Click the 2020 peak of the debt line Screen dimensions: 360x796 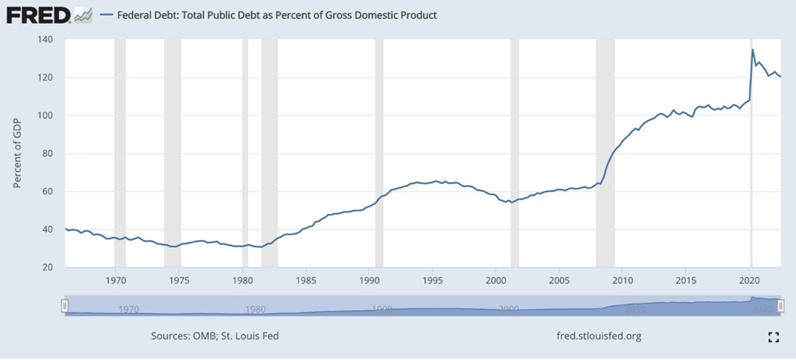point(752,51)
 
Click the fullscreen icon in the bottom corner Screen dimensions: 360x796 point(774,336)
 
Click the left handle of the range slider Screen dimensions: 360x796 point(64,305)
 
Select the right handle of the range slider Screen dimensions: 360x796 point(781,305)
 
